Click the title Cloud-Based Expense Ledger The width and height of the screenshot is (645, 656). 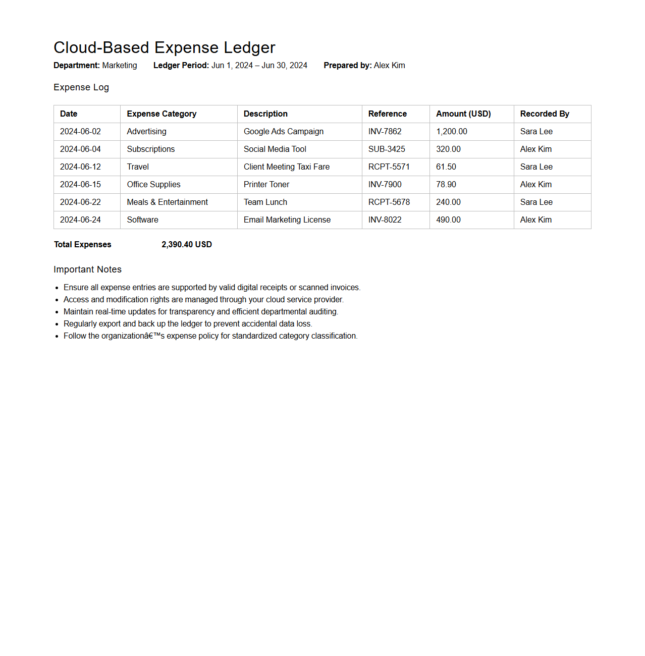pyautogui.click(x=164, y=47)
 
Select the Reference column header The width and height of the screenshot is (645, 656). pyautogui.click(x=387, y=114)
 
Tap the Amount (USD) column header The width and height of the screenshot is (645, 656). pyautogui.click(x=463, y=114)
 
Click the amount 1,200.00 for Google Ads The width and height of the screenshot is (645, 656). pyautogui.click(x=451, y=132)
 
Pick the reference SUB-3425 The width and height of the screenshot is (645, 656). pyautogui.click(x=386, y=149)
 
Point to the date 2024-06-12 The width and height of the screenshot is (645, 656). pyautogui.click(x=80, y=167)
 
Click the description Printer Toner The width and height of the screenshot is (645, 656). pyautogui.click(x=266, y=185)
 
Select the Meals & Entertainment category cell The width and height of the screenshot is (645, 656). pyautogui.click(x=167, y=202)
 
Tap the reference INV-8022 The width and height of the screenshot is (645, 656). pyautogui.click(x=385, y=220)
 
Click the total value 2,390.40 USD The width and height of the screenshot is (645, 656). pyautogui.click(x=186, y=245)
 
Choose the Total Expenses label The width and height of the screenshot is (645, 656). pyautogui.click(x=82, y=245)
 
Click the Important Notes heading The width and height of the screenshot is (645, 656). pyautogui.click(x=87, y=269)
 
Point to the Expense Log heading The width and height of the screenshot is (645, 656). pyautogui.click(x=81, y=87)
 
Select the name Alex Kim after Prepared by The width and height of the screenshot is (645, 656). pyautogui.click(x=389, y=66)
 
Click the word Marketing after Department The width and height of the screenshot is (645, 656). pyautogui.click(x=119, y=66)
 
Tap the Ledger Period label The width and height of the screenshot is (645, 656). pyautogui.click(x=181, y=66)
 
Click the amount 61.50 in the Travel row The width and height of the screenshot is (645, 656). pyautogui.click(x=446, y=167)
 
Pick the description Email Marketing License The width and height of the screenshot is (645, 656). pyautogui.click(x=287, y=220)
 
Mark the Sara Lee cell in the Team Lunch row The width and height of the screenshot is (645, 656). pyautogui.click(x=536, y=202)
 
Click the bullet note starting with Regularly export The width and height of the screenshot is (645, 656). pyautogui.click(x=188, y=324)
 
